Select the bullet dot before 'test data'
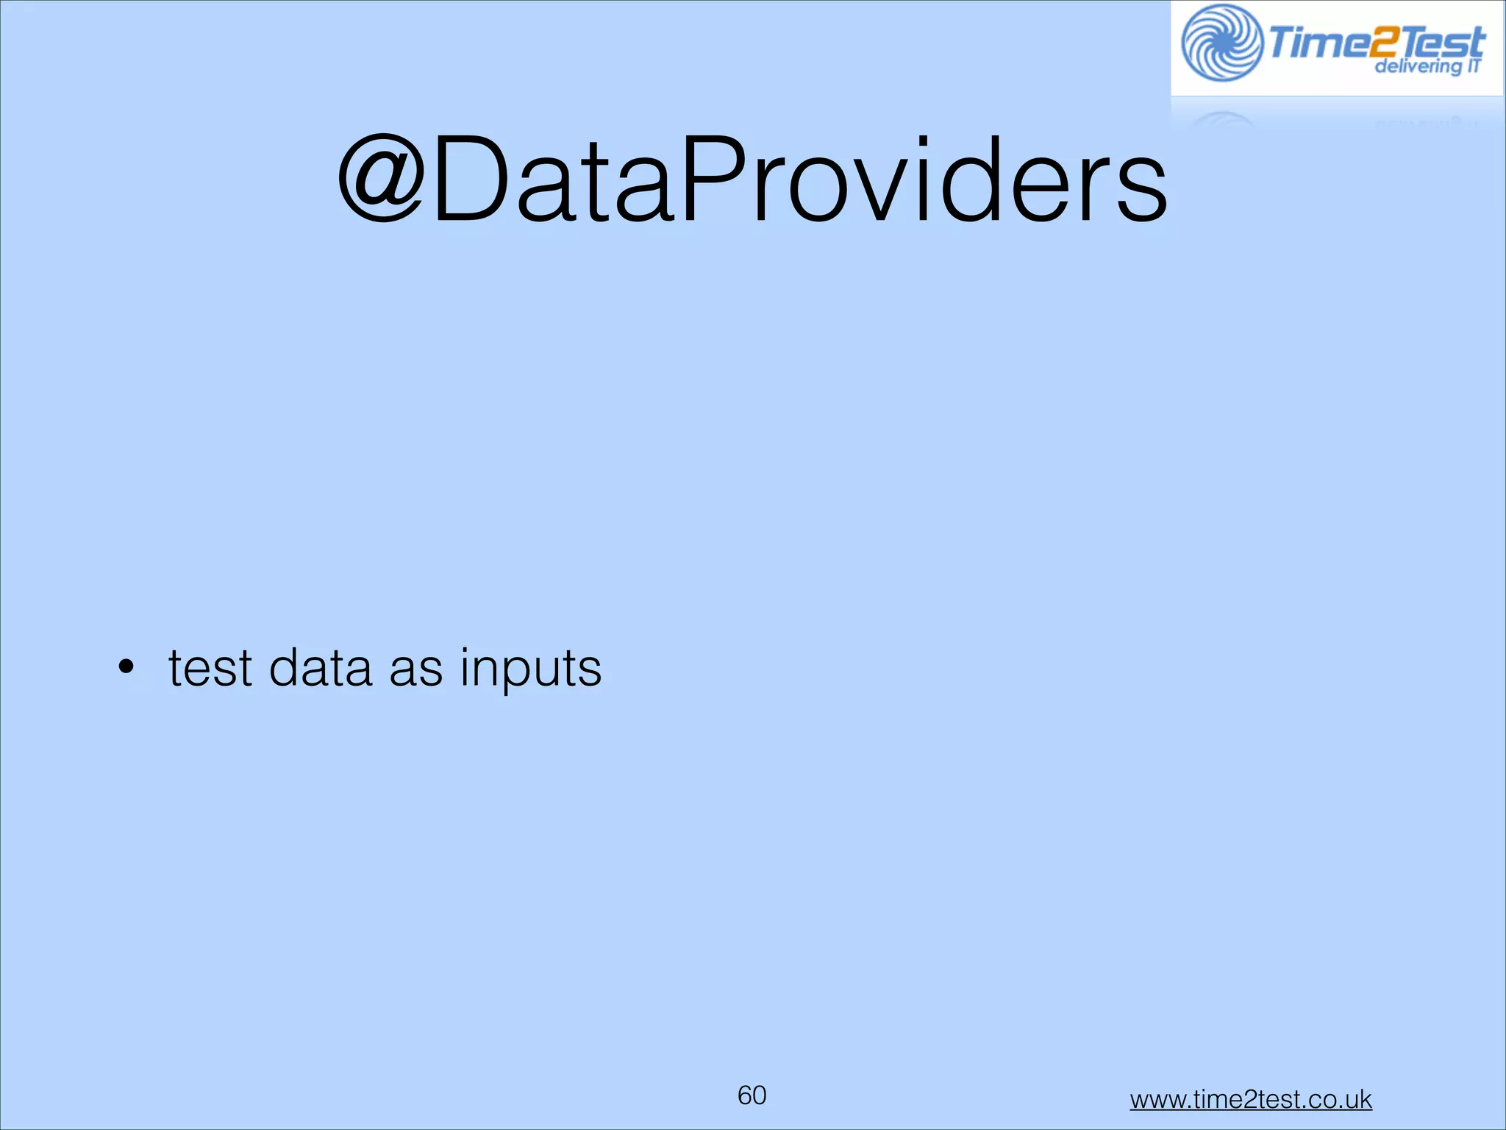[126, 667]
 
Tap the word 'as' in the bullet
[415, 669]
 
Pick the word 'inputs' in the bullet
[531, 669]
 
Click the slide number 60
[752, 1095]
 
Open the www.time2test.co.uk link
[1250, 1099]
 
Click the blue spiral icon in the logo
[1221, 43]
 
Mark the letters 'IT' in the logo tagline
[1473, 65]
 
